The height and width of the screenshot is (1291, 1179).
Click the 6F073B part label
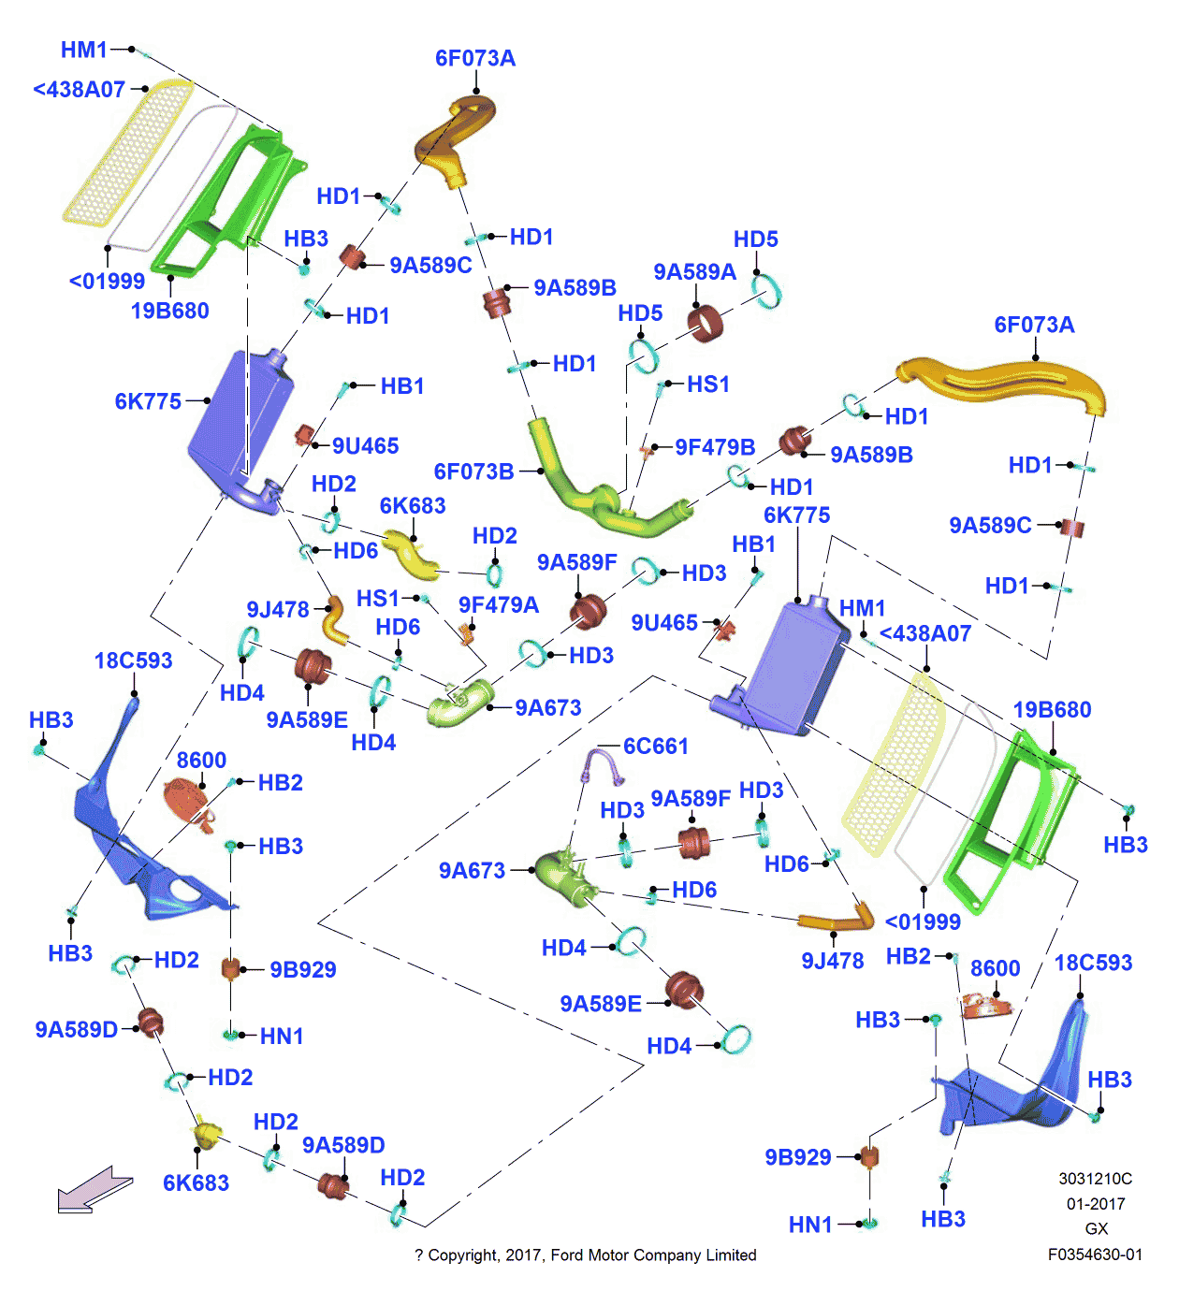(x=473, y=471)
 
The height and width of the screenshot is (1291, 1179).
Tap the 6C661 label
(x=656, y=746)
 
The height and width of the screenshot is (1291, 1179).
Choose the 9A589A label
(x=694, y=271)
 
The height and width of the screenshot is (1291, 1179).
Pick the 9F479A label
(x=499, y=605)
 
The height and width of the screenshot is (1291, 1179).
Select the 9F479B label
(x=715, y=447)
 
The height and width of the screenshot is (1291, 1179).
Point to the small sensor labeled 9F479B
(x=646, y=452)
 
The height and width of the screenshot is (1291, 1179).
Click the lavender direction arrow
(x=94, y=1189)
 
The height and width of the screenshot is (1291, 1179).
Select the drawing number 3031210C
(x=1095, y=1179)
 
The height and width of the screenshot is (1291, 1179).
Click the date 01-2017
(x=1095, y=1204)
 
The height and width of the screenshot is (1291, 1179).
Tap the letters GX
(x=1096, y=1229)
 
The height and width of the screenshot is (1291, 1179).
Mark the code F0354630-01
(x=1095, y=1255)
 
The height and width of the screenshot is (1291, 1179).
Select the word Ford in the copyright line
(x=568, y=1255)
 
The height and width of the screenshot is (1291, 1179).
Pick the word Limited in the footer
(x=730, y=1255)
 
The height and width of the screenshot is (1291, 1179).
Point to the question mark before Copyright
(x=419, y=1255)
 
